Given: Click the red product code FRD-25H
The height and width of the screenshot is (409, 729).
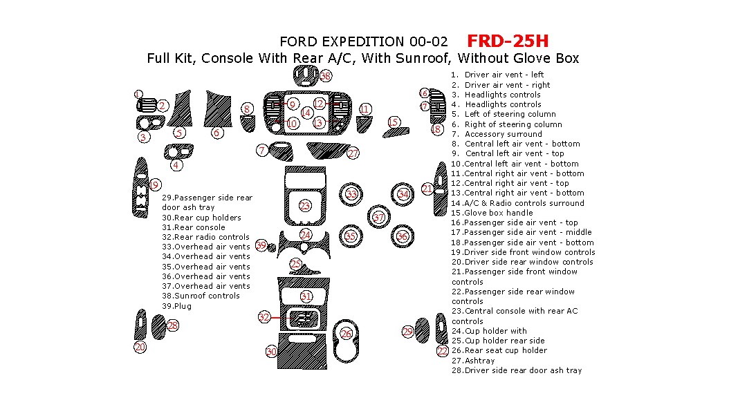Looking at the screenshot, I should (x=508, y=41).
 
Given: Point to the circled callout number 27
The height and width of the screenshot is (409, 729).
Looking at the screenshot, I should (x=353, y=153).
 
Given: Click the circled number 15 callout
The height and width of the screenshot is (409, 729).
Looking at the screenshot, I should (x=394, y=122).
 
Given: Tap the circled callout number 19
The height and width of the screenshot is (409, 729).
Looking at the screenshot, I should (x=154, y=185).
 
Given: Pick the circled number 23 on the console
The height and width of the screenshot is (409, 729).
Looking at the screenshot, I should (x=305, y=206).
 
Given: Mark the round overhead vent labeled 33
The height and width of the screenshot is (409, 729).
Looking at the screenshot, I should (x=351, y=194).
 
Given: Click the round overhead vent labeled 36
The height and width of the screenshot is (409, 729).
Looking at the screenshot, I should (x=402, y=236).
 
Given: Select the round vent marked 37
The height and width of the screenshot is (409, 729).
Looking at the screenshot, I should (x=378, y=218).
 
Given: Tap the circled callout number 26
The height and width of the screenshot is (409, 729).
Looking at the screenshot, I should (x=347, y=334).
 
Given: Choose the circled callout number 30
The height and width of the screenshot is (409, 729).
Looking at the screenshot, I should (x=272, y=352).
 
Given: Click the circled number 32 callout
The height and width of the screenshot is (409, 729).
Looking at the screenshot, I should (x=264, y=317).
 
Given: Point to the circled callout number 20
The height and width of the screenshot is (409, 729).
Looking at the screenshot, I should (x=140, y=347).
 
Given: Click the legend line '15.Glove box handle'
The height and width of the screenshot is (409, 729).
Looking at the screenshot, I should (x=492, y=213).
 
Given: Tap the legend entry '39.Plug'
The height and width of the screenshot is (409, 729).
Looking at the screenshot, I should (x=176, y=306).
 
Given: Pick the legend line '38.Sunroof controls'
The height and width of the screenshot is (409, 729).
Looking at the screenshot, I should (x=201, y=296).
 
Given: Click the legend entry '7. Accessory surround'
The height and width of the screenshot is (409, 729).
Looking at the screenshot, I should (x=497, y=134).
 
